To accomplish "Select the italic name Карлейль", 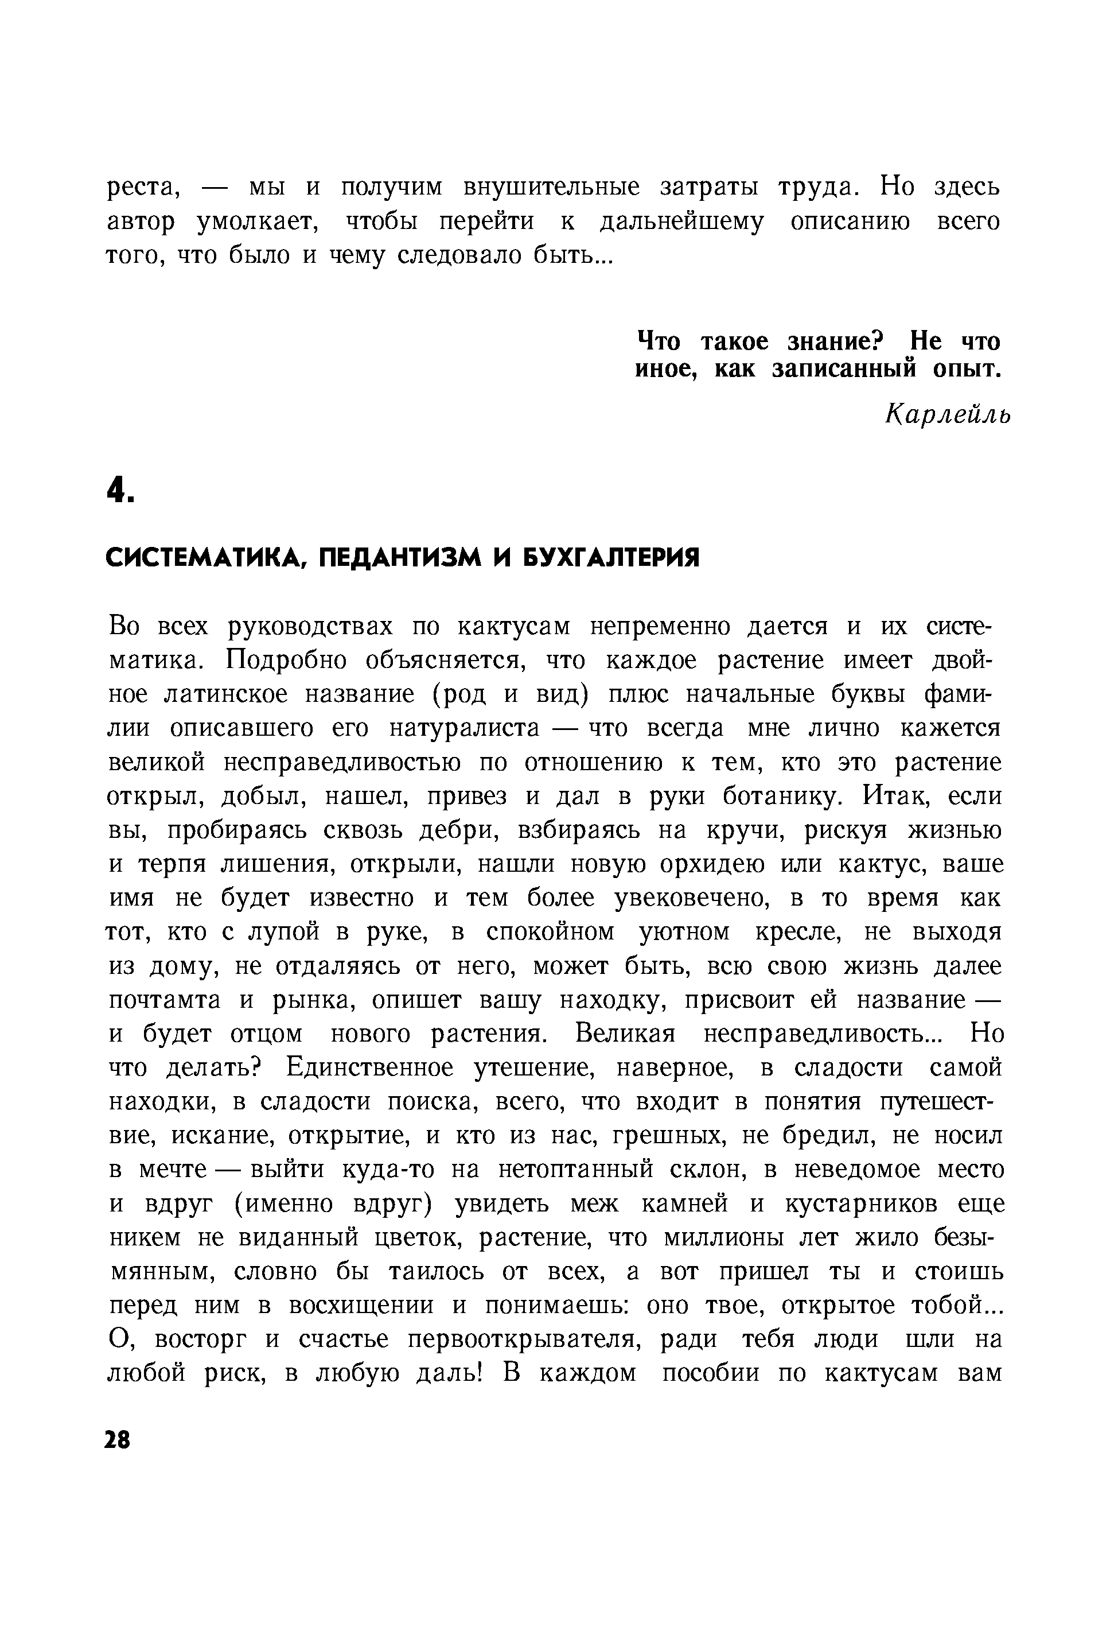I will click(x=948, y=416).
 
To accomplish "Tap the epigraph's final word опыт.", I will click(x=967, y=369).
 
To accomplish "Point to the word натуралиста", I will click(x=465, y=728).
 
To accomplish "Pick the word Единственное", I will click(x=370, y=1069).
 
